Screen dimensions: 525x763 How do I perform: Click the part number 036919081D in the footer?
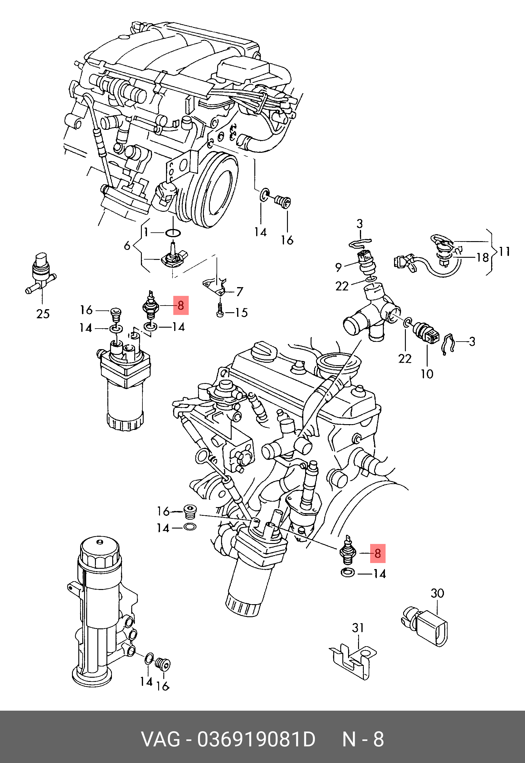coord(256,739)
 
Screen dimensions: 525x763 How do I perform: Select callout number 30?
coord(438,593)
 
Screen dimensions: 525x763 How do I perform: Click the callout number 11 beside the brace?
coord(504,252)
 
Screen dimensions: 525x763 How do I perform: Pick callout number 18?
coord(483,257)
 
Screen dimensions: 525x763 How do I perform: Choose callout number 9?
coord(338,267)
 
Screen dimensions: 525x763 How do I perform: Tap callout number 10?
coord(427,374)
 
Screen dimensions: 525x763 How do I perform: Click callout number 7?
coord(240,292)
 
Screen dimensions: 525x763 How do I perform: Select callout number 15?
coord(242,313)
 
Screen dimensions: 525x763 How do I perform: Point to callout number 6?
coord(127,245)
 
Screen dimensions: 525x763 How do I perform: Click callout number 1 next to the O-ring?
coord(146,233)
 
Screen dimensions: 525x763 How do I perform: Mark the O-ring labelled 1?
coord(173,233)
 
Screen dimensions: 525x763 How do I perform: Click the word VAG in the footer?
coord(161,739)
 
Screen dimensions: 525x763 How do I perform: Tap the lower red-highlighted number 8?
coord(378,554)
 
